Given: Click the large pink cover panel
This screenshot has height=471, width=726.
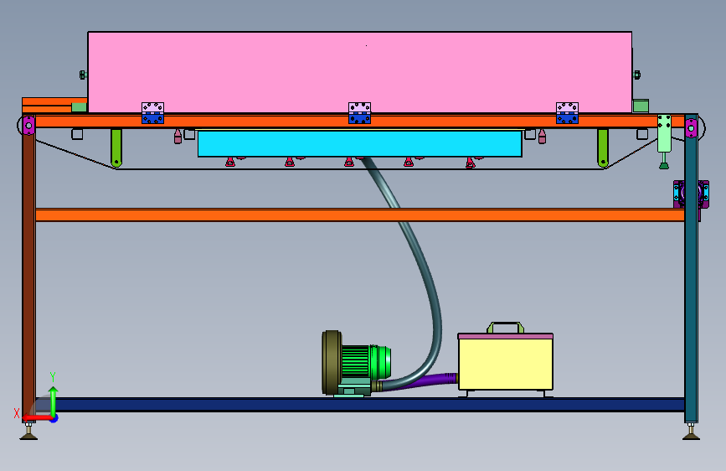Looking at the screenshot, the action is pos(360,72).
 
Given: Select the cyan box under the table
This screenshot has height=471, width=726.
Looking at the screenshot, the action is pos(360,143).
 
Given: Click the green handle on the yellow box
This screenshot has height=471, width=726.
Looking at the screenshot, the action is pos(505,327).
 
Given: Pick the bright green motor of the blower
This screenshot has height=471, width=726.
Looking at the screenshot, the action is pos(366,361).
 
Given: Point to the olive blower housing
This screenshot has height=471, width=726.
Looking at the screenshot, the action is pos(331,363).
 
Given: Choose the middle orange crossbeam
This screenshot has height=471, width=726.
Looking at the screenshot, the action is pos(360,215).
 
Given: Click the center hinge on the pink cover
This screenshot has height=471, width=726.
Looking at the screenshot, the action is pos(359,113).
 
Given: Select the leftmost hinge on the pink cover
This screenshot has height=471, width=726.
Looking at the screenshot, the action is pos(152,113).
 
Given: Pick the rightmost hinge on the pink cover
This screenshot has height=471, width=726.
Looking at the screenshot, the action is pos(567,113).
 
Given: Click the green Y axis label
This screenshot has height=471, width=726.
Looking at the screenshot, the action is pos(53,377).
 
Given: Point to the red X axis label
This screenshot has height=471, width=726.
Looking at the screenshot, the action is pos(17,413).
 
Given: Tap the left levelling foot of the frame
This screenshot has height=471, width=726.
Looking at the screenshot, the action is pos(28,432).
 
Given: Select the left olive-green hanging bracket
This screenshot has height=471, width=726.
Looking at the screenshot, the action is pos(116,148).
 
